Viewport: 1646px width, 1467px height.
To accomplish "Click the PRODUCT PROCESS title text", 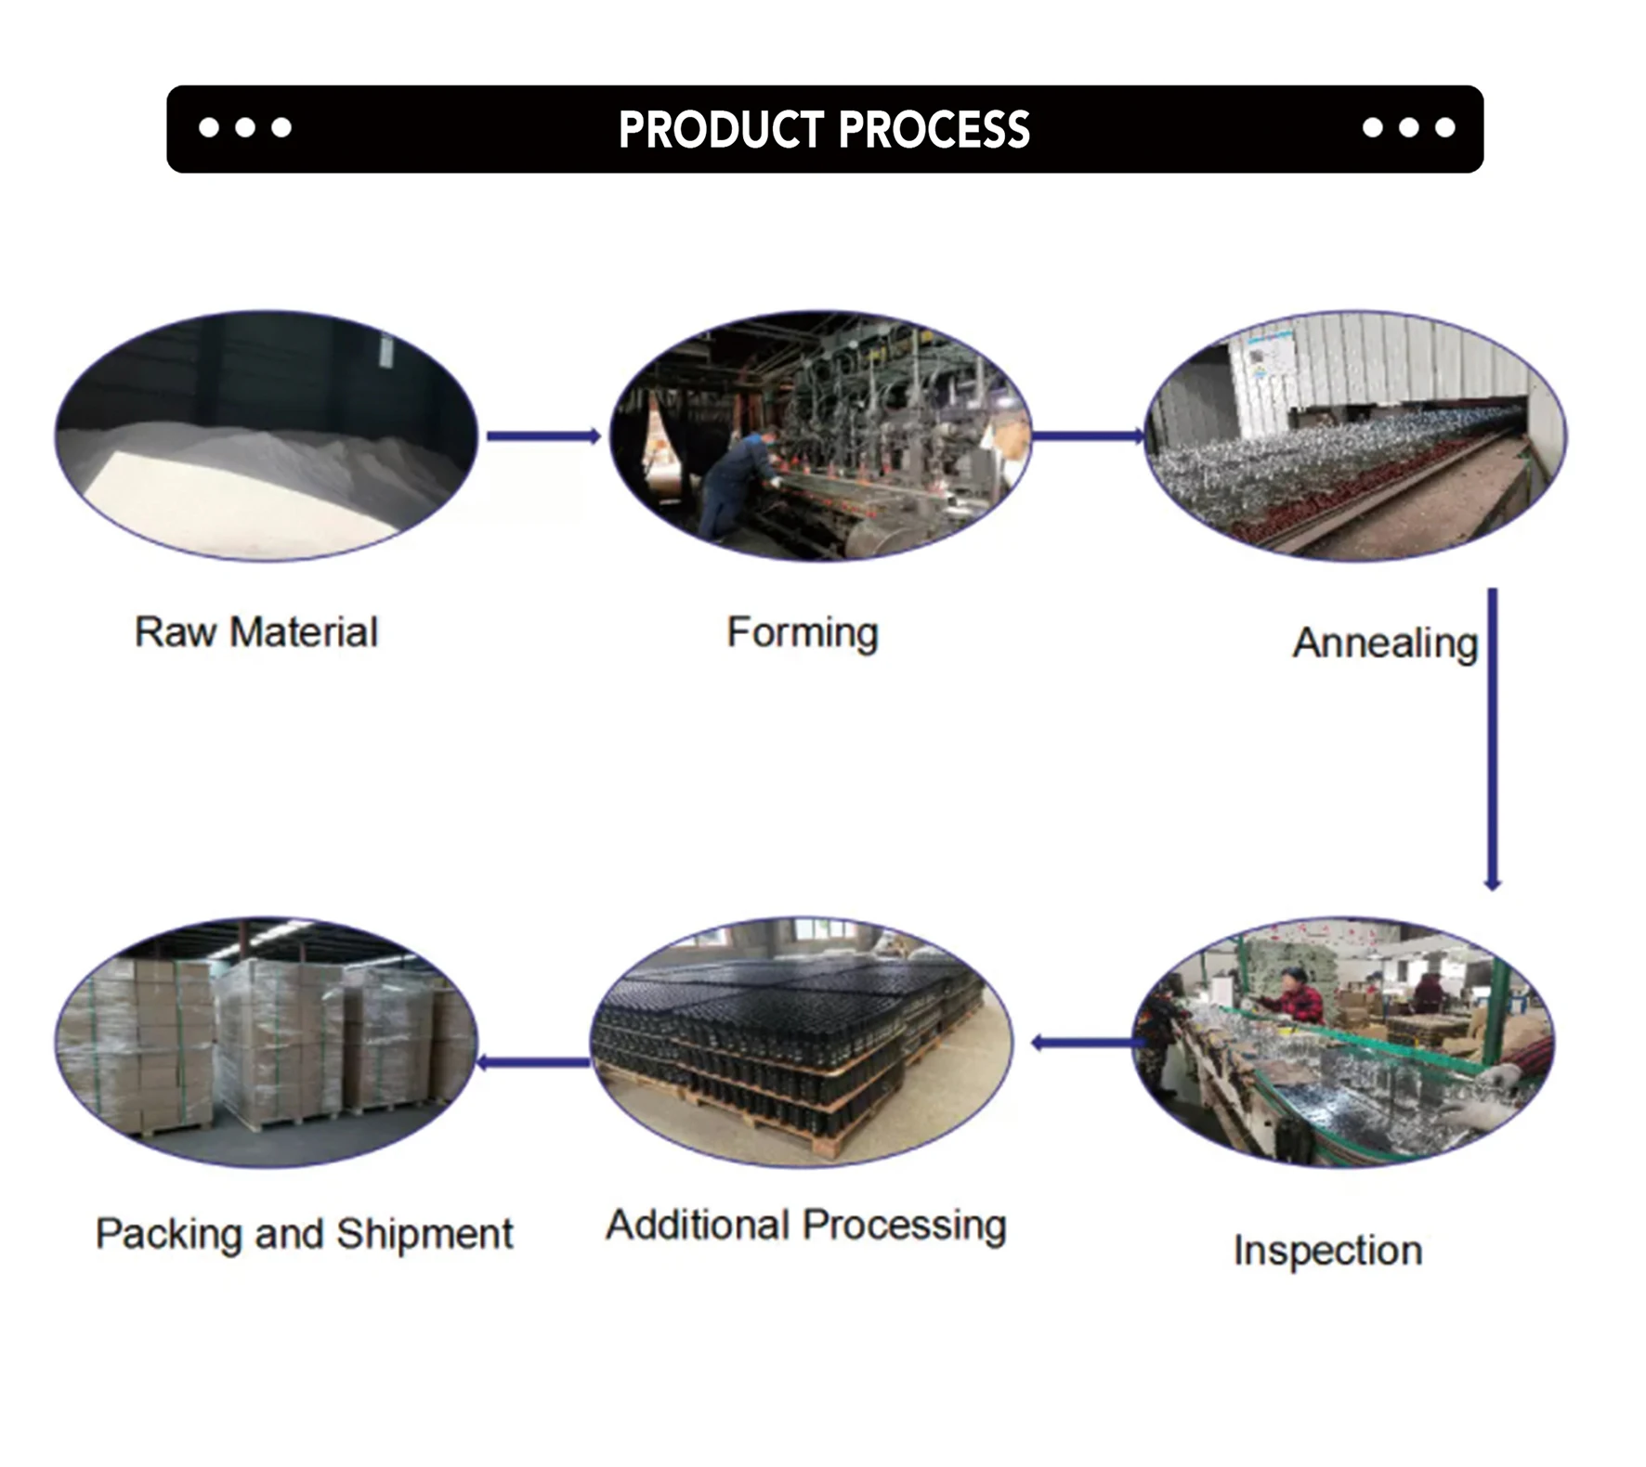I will (824, 129).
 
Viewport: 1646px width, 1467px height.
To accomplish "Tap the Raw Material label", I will (256, 632).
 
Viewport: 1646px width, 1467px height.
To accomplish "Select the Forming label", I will (803, 632).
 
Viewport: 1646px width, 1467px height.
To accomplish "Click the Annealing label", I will (1384, 643).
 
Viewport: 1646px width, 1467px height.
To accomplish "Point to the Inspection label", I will (1327, 1250).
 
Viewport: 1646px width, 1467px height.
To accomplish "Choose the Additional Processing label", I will (805, 1225).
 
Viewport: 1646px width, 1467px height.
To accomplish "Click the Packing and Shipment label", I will (304, 1234).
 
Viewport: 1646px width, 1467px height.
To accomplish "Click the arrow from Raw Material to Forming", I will (543, 436).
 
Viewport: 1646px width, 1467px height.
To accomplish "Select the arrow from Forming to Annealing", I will (1087, 435).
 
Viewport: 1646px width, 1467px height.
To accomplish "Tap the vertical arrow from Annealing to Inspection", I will (1492, 738).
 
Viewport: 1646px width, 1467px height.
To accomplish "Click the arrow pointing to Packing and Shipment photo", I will (533, 1062).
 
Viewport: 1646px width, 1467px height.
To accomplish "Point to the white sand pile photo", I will (266, 436).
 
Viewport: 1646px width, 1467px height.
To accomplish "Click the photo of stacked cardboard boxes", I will (266, 1042).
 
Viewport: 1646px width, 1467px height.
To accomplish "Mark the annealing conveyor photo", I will (1355, 435).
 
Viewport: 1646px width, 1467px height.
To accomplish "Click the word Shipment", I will (424, 1234).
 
